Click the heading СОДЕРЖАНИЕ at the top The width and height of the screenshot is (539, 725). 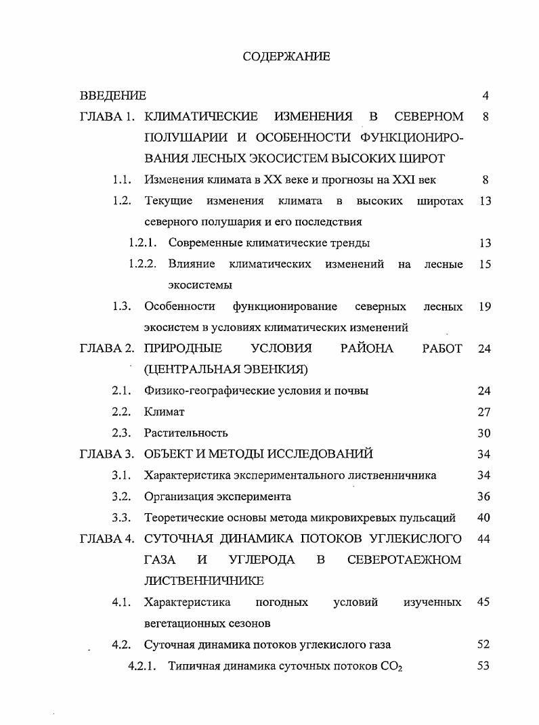pyautogui.click(x=286, y=57)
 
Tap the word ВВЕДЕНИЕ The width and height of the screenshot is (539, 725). pyautogui.click(x=112, y=95)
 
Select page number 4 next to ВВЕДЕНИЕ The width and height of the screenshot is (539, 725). pyautogui.click(x=486, y=95)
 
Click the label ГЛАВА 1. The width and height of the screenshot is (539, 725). pyautogui.click(x=106, y=116)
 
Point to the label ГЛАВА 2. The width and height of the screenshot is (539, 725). pyautogui.click(x=106, y=349)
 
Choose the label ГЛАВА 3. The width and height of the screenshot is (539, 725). pyautogui.click(x=106, y=454)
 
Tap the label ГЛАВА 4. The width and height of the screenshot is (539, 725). pyautogui.click(x=106, y=539)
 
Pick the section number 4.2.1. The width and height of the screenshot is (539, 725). pyautogui.click(x=143, y=665)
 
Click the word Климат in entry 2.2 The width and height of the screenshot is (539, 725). pyautogui.click(x=164, y=412)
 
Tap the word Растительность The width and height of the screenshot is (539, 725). pyautogui.click(x=186, y=433)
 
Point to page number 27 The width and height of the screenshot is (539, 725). pyautogui.click(x=483, y=412)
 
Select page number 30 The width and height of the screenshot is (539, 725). pyautogui.click(x=483, y=433)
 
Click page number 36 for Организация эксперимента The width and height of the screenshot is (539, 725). pyautogui.click(x=483, y=496)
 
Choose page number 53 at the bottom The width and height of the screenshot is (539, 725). pyautogui.click(x=483, y=665)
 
